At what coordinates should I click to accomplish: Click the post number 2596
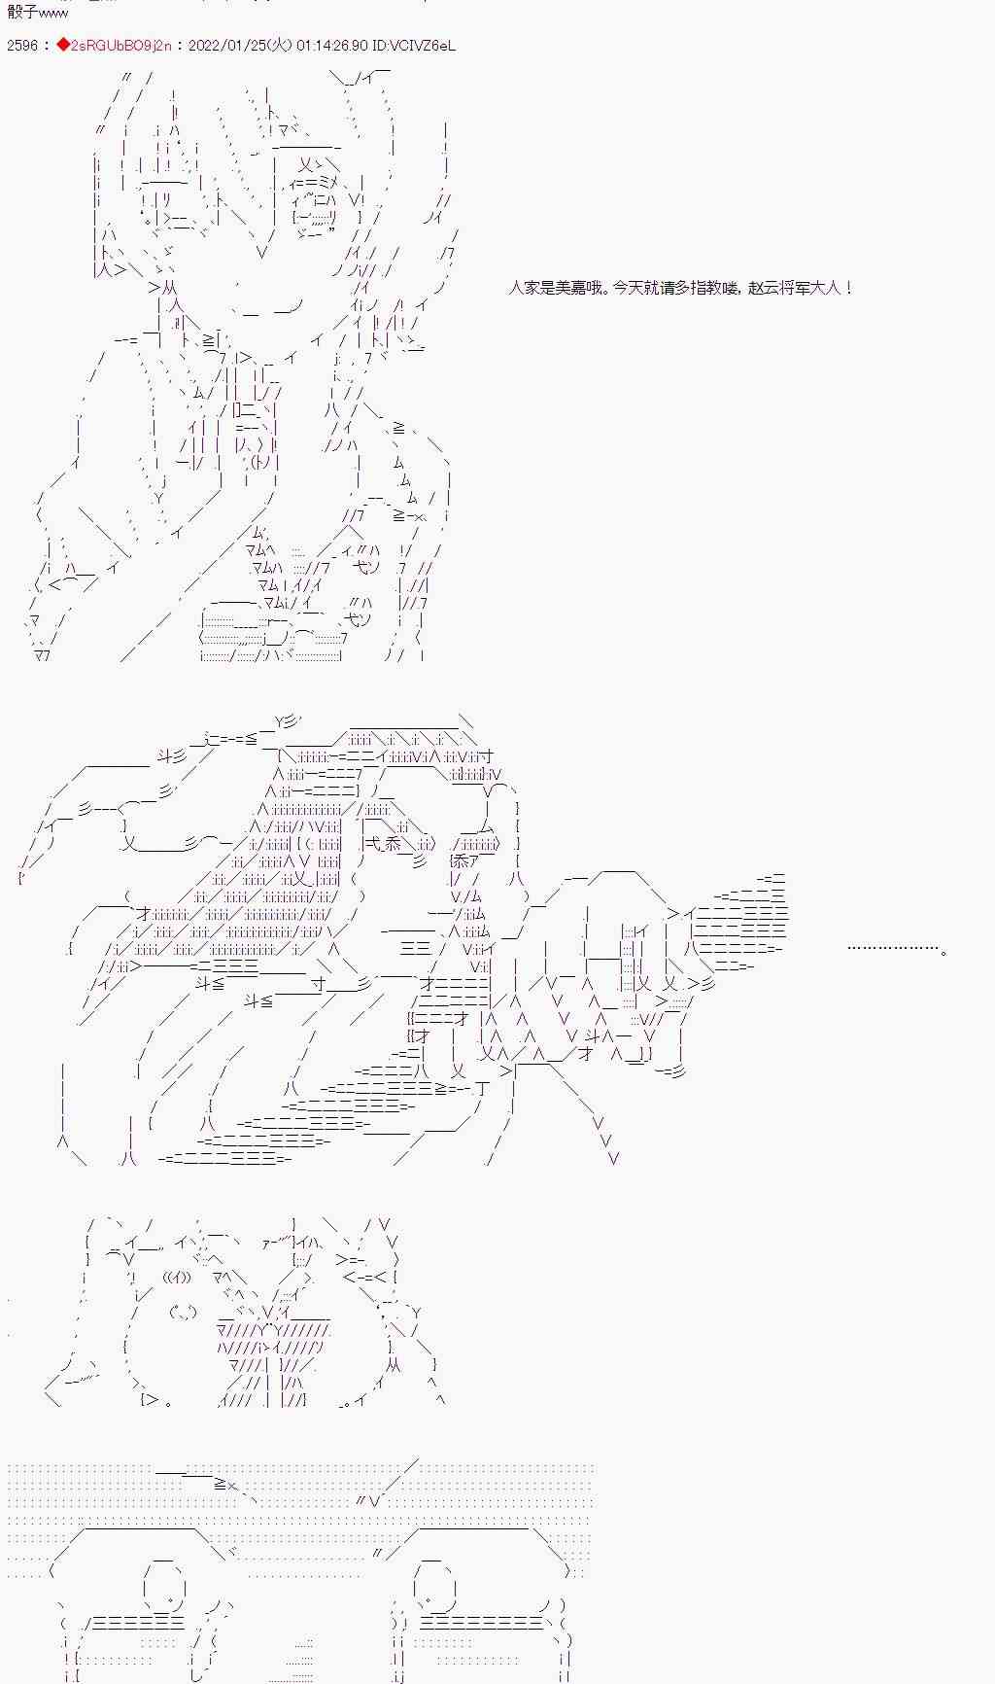[21, 46]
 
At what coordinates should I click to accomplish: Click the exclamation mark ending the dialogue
[850, 288]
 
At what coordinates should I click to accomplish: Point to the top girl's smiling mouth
[267, 312]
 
